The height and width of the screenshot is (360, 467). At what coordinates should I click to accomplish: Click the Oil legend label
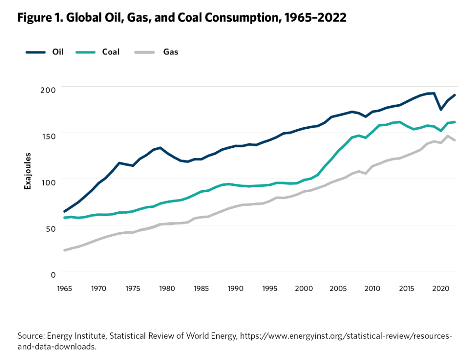click(58, 52)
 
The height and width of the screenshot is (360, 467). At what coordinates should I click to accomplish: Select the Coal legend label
click(111, 52)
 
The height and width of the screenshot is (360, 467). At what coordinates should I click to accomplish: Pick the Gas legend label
click(171, 52)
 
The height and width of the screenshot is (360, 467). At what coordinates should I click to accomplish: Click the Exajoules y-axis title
click(28, 171)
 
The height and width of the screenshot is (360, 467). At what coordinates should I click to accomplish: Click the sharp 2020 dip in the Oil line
click(441, 109)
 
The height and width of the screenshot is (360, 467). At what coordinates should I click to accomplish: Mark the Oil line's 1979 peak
click(160, 148)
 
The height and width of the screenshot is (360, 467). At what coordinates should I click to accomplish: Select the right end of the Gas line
click(454, 140)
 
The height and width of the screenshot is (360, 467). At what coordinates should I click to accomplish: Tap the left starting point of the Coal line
click(65, 217)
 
